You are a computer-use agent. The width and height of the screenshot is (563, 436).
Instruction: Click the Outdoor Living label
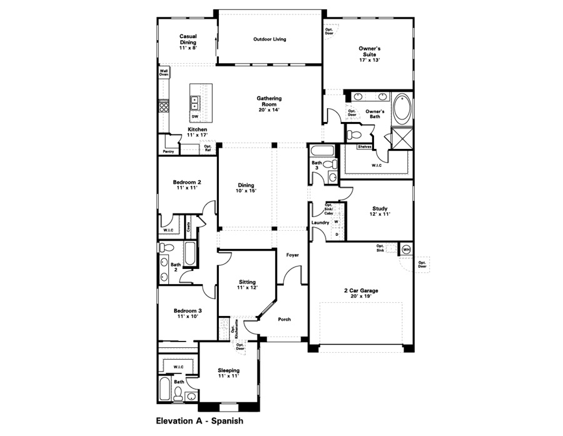point(270,39)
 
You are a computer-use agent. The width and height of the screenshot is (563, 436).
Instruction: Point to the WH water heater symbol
point(405,249)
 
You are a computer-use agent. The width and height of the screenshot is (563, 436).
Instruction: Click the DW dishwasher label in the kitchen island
point(195,117)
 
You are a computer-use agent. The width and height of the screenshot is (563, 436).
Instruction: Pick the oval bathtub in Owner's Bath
point(402,109)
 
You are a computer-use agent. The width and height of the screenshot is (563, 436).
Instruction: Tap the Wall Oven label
point(163,73)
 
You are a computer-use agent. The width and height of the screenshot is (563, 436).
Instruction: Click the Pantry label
point(168,151)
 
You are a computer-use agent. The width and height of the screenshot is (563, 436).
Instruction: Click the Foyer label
point(292,255)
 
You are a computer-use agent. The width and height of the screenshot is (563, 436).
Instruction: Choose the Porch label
point(284,319)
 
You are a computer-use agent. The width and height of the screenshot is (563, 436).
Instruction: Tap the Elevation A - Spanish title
point(199,421)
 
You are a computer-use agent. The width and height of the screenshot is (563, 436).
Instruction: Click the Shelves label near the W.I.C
point(365,147)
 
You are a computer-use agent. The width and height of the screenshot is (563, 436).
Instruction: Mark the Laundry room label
point(320,223)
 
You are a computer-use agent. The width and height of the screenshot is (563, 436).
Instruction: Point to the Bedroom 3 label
point(188,314)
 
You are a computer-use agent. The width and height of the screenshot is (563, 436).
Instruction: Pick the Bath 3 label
point(317,166)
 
